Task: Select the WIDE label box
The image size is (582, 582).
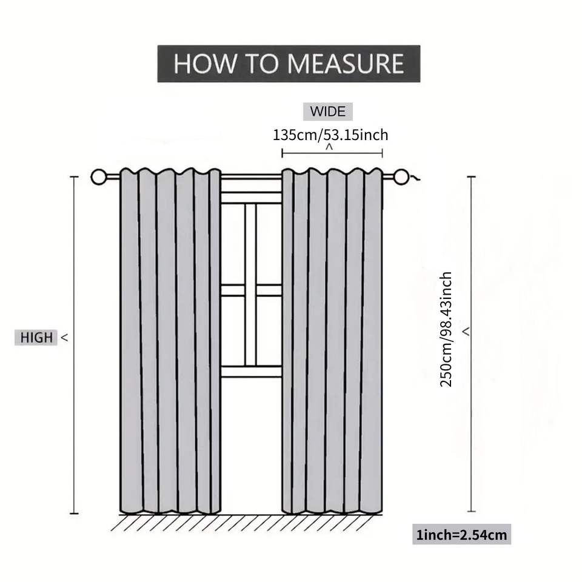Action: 327,112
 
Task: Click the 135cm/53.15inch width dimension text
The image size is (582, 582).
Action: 330,134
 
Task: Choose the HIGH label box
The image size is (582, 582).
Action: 36,338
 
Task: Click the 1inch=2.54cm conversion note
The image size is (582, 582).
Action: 461,535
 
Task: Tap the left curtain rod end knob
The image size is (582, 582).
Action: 98,177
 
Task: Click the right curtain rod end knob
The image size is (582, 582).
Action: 401,177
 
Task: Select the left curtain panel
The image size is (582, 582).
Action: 170,339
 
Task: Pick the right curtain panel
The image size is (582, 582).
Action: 332,339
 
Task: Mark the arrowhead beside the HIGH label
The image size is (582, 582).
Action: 64,338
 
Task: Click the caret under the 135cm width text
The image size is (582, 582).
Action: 330,147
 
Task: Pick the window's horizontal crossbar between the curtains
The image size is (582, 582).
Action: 251,290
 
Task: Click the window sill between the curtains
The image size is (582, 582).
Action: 251,371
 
